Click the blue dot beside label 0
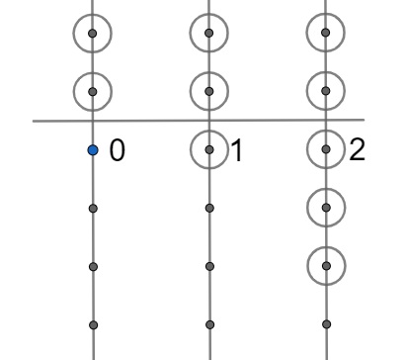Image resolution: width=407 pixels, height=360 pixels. (x=92, y=150)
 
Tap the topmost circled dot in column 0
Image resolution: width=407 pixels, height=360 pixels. (x=92, y=34)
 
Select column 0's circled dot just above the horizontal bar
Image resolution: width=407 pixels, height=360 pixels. (x=92, y=92)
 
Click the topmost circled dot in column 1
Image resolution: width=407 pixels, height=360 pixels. (x=208, y=34)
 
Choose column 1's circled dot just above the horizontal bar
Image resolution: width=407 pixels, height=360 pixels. (x=208, y=92)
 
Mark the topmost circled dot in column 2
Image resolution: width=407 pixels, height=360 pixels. (x=326, y=34)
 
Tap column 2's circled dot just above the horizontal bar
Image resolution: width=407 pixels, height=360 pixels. (x=326, y=92)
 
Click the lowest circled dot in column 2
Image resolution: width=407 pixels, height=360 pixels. (x=326, y=265)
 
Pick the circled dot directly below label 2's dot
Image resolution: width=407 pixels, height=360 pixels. (x=326, y=208)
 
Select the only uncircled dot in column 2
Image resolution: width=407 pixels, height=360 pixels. (x=326, y=323)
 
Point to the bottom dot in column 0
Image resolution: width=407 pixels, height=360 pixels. (x=92, y=323)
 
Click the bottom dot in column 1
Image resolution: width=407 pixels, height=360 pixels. (x=208, y=323)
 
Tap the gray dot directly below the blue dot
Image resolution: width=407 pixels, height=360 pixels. (x=92, y=208)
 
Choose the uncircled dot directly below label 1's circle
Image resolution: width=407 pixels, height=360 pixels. (x=208, y=208)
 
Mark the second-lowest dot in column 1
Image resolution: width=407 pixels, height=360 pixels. (x=208, y=265)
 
